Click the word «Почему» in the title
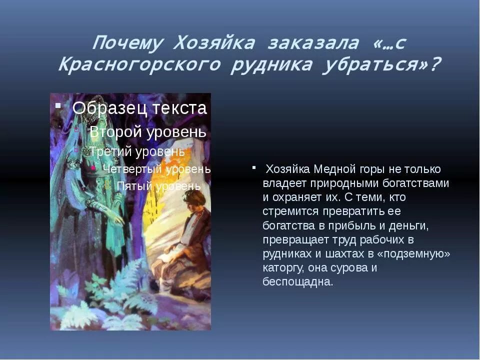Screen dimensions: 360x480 tap(127, 43)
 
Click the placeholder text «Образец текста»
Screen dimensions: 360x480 tap(139, 108)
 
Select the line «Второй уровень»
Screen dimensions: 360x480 tap(147, 131)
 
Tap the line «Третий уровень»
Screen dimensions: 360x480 tap(137, 150)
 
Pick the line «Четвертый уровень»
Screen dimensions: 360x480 tap(156, 169)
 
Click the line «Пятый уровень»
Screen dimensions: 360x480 tap(158, 186)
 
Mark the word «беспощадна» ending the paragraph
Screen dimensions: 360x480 tap(297, 281)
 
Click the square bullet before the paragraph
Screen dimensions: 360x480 tap(254, 167)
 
